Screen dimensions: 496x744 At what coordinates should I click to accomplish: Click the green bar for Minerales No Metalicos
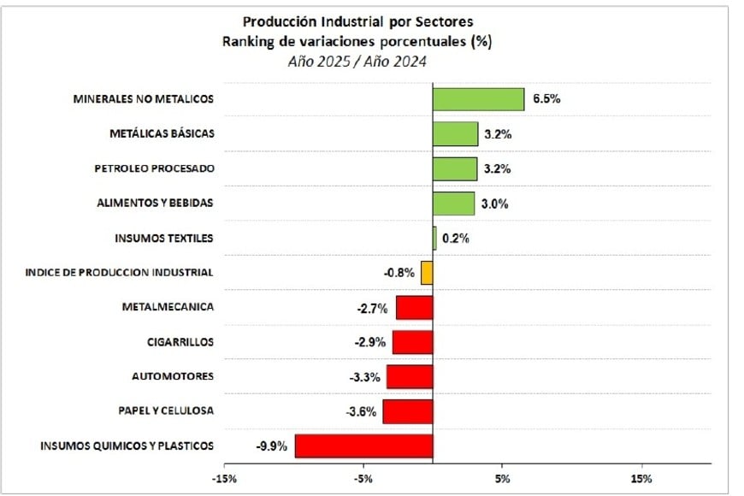click(478, 99)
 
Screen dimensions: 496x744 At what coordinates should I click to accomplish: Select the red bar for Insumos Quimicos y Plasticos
click(364, 446)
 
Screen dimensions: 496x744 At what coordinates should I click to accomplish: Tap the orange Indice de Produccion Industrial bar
click(427, 273)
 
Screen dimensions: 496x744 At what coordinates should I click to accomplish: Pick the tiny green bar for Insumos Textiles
click(434, 238)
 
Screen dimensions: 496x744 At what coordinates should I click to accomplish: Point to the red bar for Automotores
click(410, 377)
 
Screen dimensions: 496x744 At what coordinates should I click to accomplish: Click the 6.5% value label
click(546, 99)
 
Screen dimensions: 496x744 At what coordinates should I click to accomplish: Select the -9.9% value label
click(271, 446)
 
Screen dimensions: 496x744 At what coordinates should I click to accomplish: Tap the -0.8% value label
click(399, 274)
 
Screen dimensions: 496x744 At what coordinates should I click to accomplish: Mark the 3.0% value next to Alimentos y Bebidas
click(497, 204)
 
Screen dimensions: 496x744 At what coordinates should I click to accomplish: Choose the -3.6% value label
click(361, 412)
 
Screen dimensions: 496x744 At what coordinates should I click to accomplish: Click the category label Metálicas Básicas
click(162, 134)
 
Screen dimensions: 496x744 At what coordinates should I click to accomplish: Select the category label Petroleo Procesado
click(154, 168)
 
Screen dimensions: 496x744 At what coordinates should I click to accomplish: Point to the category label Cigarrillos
click(180, 342)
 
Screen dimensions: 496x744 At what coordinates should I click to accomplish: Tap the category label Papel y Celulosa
click(167, 411)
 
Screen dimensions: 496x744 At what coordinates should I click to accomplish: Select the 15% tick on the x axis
click(641, 478)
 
